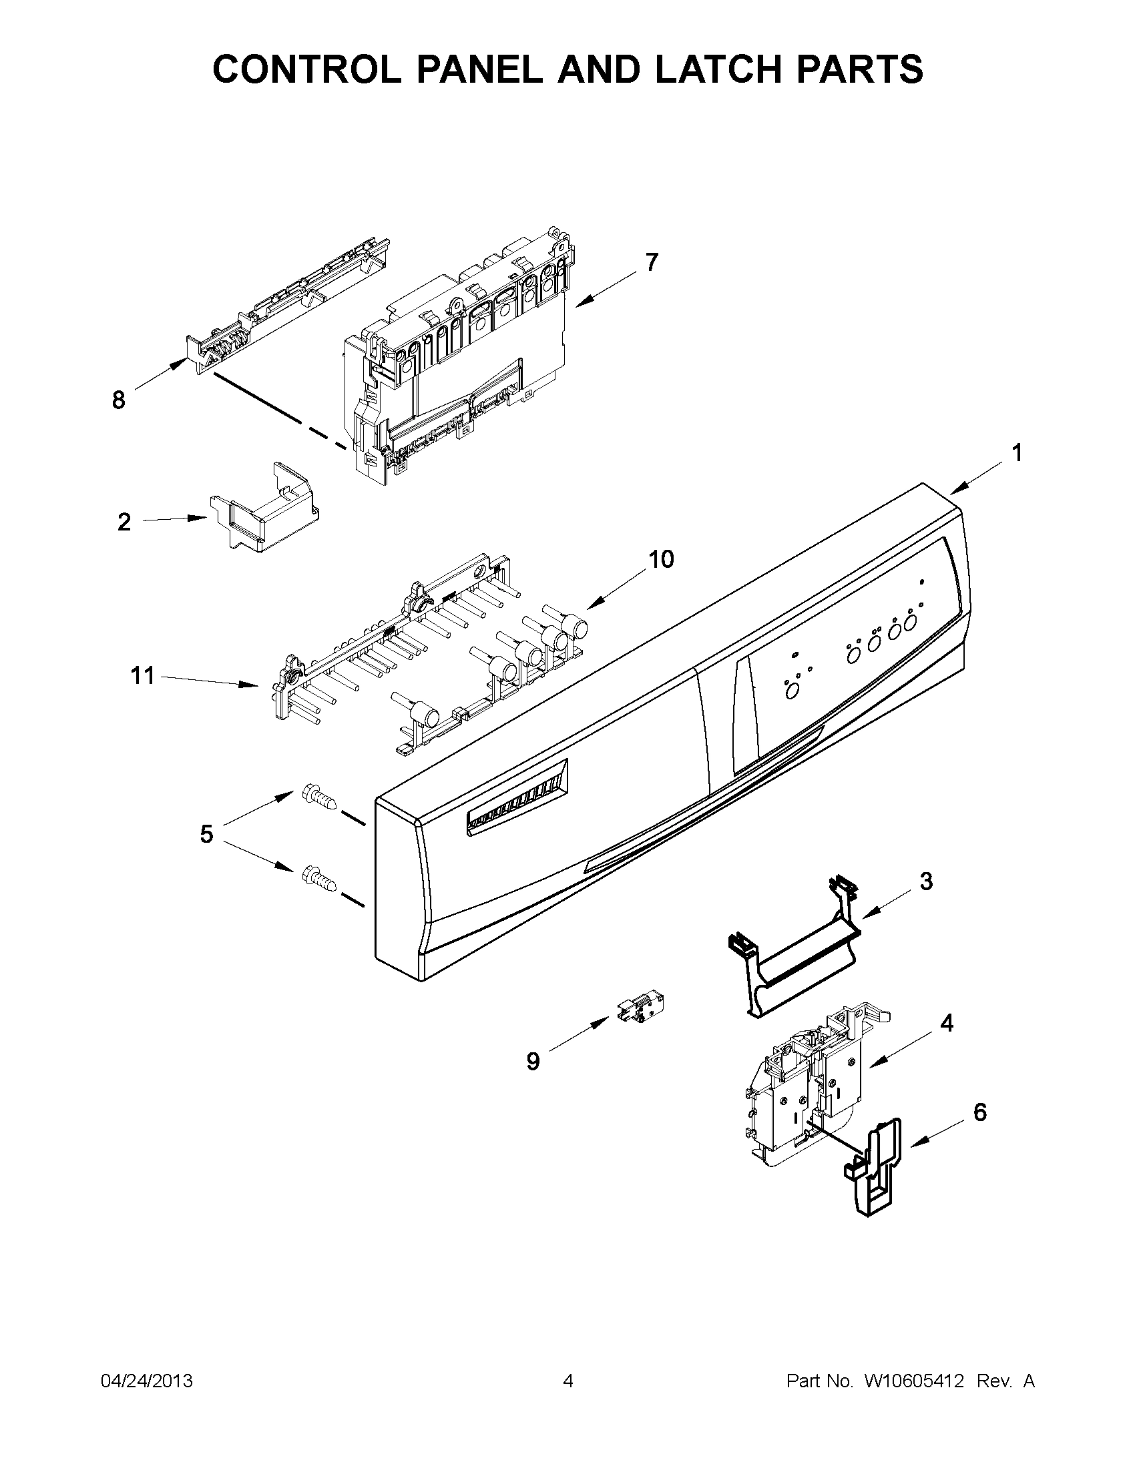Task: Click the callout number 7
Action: coord(651,262)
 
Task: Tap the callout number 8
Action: coord(118,400)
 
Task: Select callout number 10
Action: coord(661,559)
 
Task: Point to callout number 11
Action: coord(143,675)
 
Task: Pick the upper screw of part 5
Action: coord(318,797)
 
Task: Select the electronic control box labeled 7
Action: coord(457,356)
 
